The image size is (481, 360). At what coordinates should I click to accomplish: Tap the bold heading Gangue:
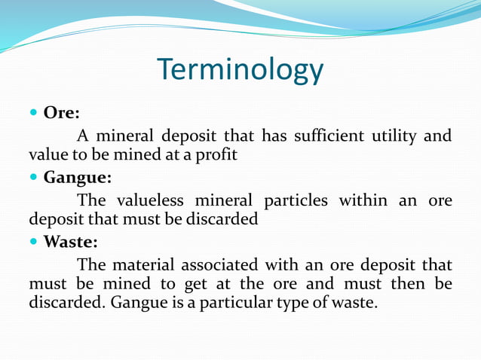pos(78,179)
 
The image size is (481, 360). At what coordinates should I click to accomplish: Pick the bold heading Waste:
pos(70,243)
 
